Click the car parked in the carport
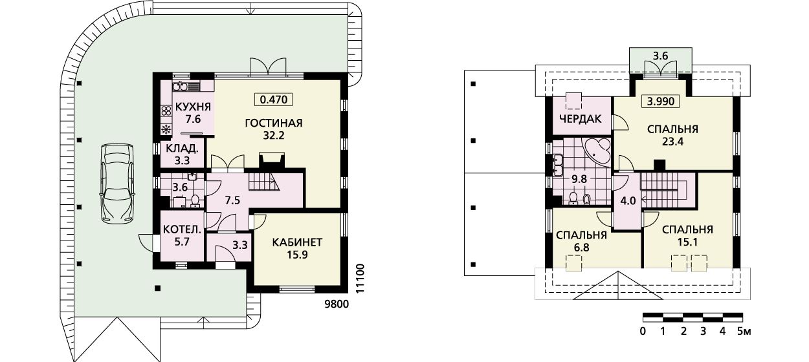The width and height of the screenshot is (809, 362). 118,183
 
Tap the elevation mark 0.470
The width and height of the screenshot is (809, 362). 273,100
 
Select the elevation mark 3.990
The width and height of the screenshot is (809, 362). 661,101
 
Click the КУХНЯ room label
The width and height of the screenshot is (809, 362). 193,107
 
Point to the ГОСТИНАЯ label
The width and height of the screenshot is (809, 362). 274,123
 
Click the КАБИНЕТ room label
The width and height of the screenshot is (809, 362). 297,242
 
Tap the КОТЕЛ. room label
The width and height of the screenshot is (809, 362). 182,229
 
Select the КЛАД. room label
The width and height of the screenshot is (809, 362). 182,148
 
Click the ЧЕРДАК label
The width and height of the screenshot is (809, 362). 581,119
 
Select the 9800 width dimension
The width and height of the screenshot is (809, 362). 337,304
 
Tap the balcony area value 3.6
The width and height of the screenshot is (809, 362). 661,56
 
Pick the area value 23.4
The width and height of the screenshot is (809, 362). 672,142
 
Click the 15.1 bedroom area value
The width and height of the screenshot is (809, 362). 687,242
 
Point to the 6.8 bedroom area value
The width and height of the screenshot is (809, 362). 581,248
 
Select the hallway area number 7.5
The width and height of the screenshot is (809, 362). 232,200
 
